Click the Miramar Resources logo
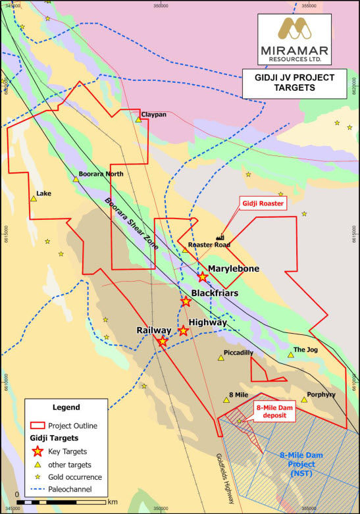click(295, 38)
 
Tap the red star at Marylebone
click(202, 277)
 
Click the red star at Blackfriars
click(186, 301)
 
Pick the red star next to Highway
click(184, 331)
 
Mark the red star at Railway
click(163, 341)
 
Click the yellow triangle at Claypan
click(138, 119)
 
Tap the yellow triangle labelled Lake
click(33, 198)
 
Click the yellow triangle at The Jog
click(290, 355)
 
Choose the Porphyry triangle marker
click(303, 399)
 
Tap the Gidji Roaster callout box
click(263, 204)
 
